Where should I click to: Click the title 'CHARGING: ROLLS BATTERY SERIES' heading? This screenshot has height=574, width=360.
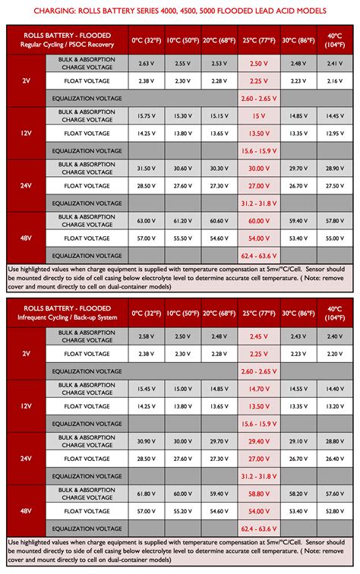click(x=179, y=11)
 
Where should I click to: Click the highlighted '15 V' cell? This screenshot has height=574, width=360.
click(x=259, y=115)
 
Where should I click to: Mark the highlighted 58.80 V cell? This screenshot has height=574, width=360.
click(x=259, y=493)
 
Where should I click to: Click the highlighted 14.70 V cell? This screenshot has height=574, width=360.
click(x=259, y=388)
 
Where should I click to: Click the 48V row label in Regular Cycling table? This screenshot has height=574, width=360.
click(x=27, y=238)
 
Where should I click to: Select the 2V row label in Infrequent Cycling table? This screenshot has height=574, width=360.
click(x=27, y=353)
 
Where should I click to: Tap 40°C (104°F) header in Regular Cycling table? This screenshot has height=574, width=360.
click(x=334, y=40)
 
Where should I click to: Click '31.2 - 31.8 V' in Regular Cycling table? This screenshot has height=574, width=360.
click(x=259, y=203)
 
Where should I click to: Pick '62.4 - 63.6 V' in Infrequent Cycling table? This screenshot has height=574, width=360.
click(x=259, y=528)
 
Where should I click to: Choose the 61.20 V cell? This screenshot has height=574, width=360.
click(x=182, y=220)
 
